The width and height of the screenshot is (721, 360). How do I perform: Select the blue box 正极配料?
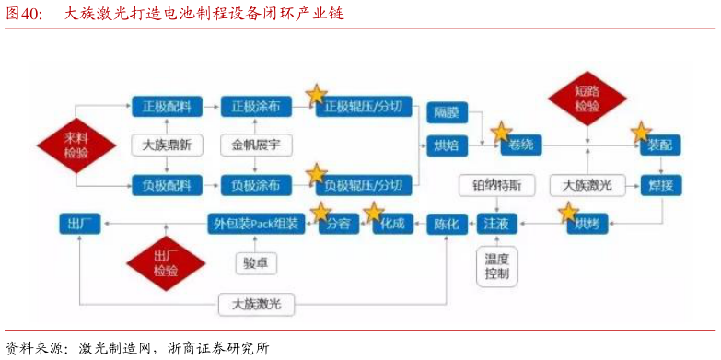pyautogui.click(x=166, y=107)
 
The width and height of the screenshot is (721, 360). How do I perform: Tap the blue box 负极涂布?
pyautogui.click(x=256, y=186)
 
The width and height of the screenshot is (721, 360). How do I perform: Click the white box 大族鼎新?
pyautogui.click(x=167, y=145)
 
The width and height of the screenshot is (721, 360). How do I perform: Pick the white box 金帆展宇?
pyautogui.click(x=256, y=145)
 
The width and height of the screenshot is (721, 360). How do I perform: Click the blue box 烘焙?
pyautogui.click(x=447, y=145)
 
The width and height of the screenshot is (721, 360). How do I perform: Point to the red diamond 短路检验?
pyautogui.click(x=587, y=99)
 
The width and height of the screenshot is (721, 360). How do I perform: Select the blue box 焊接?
pyautogui.click(x=660, y=185)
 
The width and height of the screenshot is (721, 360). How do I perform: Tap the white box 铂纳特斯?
pyautogui.click(x=496, y=185)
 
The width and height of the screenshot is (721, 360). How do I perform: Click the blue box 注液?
pyautogui.click(x=496, y=224)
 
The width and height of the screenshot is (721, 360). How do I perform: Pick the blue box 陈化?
pyautogui.click(x=447, y=224)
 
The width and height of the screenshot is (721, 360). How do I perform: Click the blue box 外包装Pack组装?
pyautogui.click(x=256, y=224)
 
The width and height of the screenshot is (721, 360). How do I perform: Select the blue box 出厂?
pyautogui.click(x=77, y=224)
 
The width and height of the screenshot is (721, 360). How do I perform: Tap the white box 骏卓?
pyautogui.click(x=256, y=262)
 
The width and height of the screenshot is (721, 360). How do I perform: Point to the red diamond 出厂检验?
pyautogui.click(x=166, y=263)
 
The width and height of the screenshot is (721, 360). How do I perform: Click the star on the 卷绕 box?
pyautogui.click(x=501, y=131)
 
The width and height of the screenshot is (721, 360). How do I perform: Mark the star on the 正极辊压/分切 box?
pyautogui.click(x=316, y=94)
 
